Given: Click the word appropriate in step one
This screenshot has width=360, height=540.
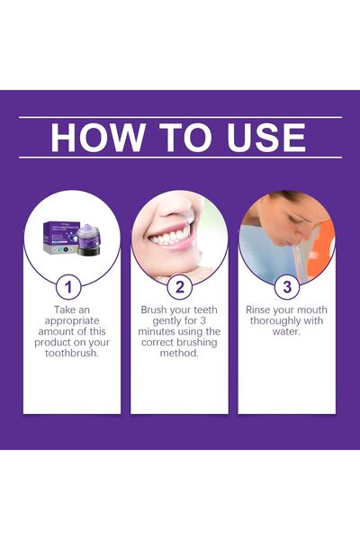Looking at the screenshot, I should [72, 319].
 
